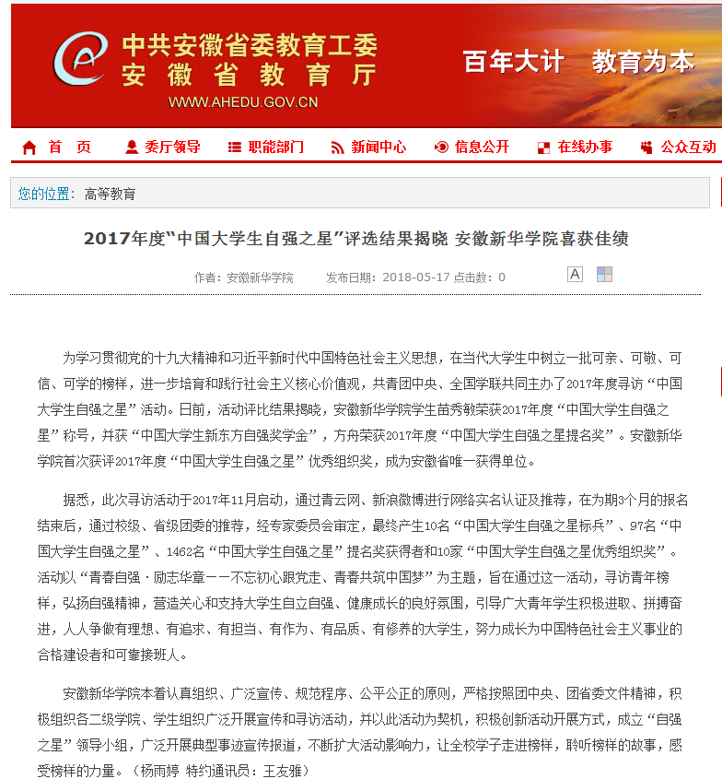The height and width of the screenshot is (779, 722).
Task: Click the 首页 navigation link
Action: (x=69, y=147)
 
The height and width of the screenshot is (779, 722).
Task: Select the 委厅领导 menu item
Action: (x=171, y=147)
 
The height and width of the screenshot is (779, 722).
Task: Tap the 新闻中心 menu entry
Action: (x=378, y=147)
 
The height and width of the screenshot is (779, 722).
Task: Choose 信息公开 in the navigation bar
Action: (x=482, y=147)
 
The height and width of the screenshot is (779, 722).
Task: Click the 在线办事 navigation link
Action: (x=584, y=147)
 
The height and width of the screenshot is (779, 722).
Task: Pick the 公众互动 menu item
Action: (x=687, y=147)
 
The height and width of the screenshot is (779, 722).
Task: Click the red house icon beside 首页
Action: (x=29, y=148)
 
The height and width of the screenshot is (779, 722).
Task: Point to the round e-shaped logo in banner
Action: (x=80, y=59)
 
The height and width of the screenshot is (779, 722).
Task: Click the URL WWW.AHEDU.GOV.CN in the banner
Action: (x=243, y=102)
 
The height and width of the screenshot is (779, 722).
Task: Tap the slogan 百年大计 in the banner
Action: (x=514, y=62)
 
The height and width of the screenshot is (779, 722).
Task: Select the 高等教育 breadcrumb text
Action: (x=110, y=194)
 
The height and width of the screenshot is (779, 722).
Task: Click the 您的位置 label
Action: (x=44, y=194)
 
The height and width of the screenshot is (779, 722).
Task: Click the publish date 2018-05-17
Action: (x=416, y=277)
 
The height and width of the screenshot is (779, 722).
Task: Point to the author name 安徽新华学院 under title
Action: (x=260, y=277)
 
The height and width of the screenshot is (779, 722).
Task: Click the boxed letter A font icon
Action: (x=575, y=274)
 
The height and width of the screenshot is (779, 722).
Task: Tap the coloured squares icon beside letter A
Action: (x=604, y=274)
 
